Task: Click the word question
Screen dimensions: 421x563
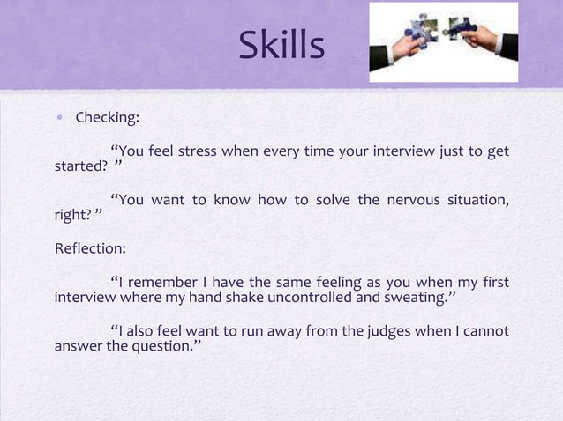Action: click(x=169, y=348)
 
